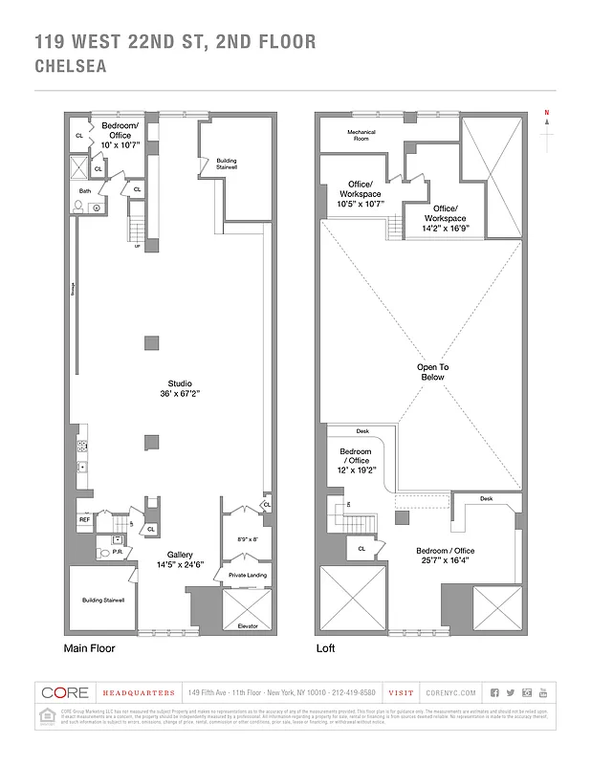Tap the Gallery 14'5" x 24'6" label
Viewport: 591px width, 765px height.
(181, 559)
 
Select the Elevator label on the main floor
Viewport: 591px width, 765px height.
(247, 625)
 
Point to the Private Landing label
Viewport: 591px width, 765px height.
(247, 575)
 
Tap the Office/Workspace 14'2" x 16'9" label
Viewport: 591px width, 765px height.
(445, 218)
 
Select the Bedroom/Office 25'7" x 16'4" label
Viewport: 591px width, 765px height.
(446, 556)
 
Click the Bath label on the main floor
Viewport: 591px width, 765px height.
(84, 190)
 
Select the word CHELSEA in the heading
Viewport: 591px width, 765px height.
(70, 67)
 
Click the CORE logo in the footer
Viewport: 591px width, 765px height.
(66, 692)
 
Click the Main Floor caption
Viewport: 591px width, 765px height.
(90, 648)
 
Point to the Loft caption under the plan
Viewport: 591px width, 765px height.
(326, 648)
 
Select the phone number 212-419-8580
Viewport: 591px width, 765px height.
(353, 692)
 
